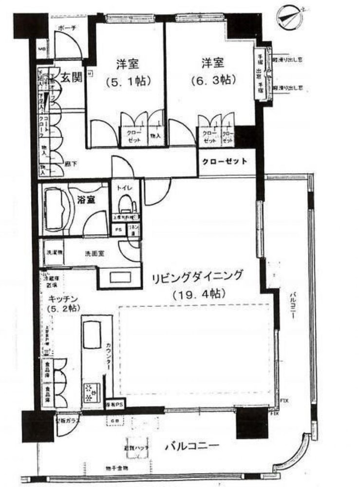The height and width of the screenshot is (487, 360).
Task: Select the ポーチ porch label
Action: (67, 28)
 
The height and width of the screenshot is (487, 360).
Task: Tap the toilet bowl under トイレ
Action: (126, 204)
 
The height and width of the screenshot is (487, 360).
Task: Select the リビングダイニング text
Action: (197, 278)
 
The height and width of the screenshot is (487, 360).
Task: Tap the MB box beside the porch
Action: (42, 49)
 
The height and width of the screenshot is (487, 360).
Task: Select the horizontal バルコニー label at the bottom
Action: (191, 446)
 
